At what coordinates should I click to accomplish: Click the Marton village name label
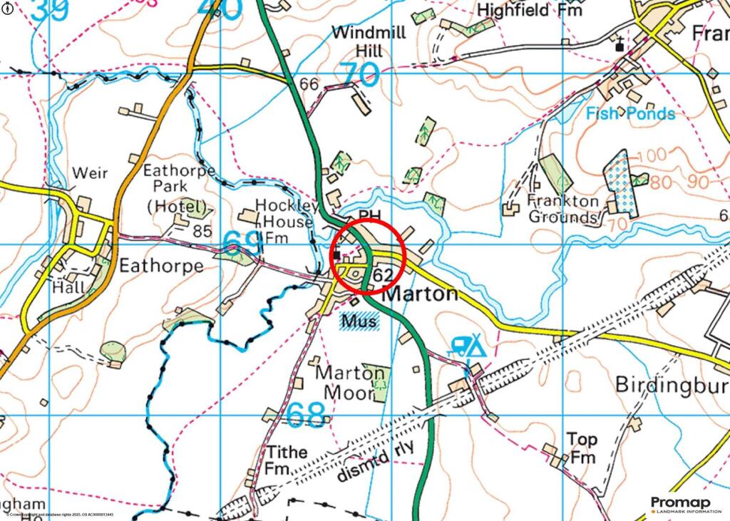(x=421, y=293)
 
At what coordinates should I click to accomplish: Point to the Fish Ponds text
(x=630, y=113)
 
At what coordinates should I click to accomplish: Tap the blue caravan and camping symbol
(x=467, y=346)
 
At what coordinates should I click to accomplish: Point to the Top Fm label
(x=582, y=448)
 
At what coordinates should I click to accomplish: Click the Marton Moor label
(x=350, y=383)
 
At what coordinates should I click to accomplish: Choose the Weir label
(x=89, y=174)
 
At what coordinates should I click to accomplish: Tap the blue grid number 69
(x=242, y=244)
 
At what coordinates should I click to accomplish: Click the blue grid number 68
(x=307, y=413)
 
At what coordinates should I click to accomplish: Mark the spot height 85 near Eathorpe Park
(x=203, y=230)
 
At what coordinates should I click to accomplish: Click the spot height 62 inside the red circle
(x=383, y=274)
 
